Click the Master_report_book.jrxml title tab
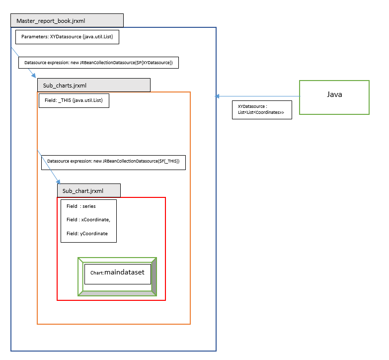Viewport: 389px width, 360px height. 67,21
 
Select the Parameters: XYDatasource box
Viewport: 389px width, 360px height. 67,37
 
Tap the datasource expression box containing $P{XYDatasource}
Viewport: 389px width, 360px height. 98,63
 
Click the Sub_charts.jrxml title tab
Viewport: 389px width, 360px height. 94,85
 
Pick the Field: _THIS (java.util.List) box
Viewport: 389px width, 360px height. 74,100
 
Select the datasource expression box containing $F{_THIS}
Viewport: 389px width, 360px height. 113,162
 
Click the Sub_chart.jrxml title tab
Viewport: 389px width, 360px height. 88,190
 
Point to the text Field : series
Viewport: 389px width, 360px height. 81,206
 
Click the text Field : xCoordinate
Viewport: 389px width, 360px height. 88,220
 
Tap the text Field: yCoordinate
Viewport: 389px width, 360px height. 87,233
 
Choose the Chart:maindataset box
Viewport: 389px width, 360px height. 117,274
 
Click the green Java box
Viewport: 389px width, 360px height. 334,97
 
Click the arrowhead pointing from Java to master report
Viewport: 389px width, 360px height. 218,96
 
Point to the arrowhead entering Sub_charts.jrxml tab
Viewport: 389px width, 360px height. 34,76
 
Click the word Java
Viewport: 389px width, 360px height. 334,94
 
